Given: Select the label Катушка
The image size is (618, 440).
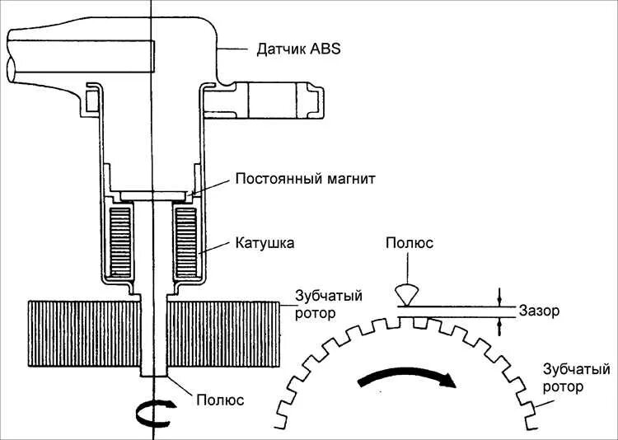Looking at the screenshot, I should (265, 244).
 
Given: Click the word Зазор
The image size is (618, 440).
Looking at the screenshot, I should (540, 311).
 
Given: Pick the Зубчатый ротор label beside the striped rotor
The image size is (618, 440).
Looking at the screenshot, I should (330, 304).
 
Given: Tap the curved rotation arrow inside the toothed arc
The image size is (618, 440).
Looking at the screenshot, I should (407, 379).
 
